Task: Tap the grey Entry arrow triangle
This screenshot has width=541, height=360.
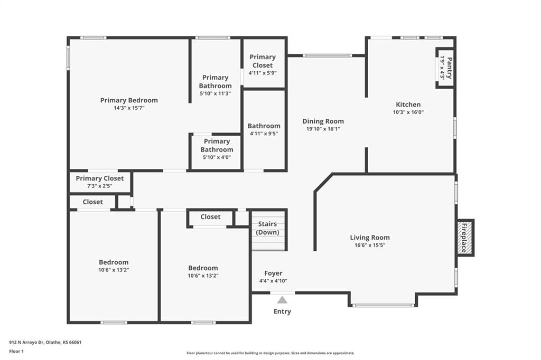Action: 282,300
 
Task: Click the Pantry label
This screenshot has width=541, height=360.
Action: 449,68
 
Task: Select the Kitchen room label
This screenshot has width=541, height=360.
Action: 408,105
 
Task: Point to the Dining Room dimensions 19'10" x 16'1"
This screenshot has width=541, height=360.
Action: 323,129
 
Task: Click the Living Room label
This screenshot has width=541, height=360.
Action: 370,238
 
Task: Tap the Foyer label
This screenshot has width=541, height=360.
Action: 273,273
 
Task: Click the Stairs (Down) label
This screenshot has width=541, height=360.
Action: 267,228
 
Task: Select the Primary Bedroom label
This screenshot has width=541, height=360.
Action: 129,100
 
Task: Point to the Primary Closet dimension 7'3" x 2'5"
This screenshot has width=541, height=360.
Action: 100,186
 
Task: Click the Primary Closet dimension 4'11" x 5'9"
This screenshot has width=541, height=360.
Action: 263,73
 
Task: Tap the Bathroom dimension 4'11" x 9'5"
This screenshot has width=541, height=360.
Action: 264,134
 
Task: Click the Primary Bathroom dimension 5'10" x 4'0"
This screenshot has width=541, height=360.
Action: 217,157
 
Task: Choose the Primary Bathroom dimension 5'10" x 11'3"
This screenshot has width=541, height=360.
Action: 216,93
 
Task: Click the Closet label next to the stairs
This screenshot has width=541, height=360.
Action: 210,217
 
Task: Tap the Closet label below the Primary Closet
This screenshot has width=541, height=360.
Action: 93,202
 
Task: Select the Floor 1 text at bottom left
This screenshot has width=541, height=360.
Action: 16,352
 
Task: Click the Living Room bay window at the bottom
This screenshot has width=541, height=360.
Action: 383,305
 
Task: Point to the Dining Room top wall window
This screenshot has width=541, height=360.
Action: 327,55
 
